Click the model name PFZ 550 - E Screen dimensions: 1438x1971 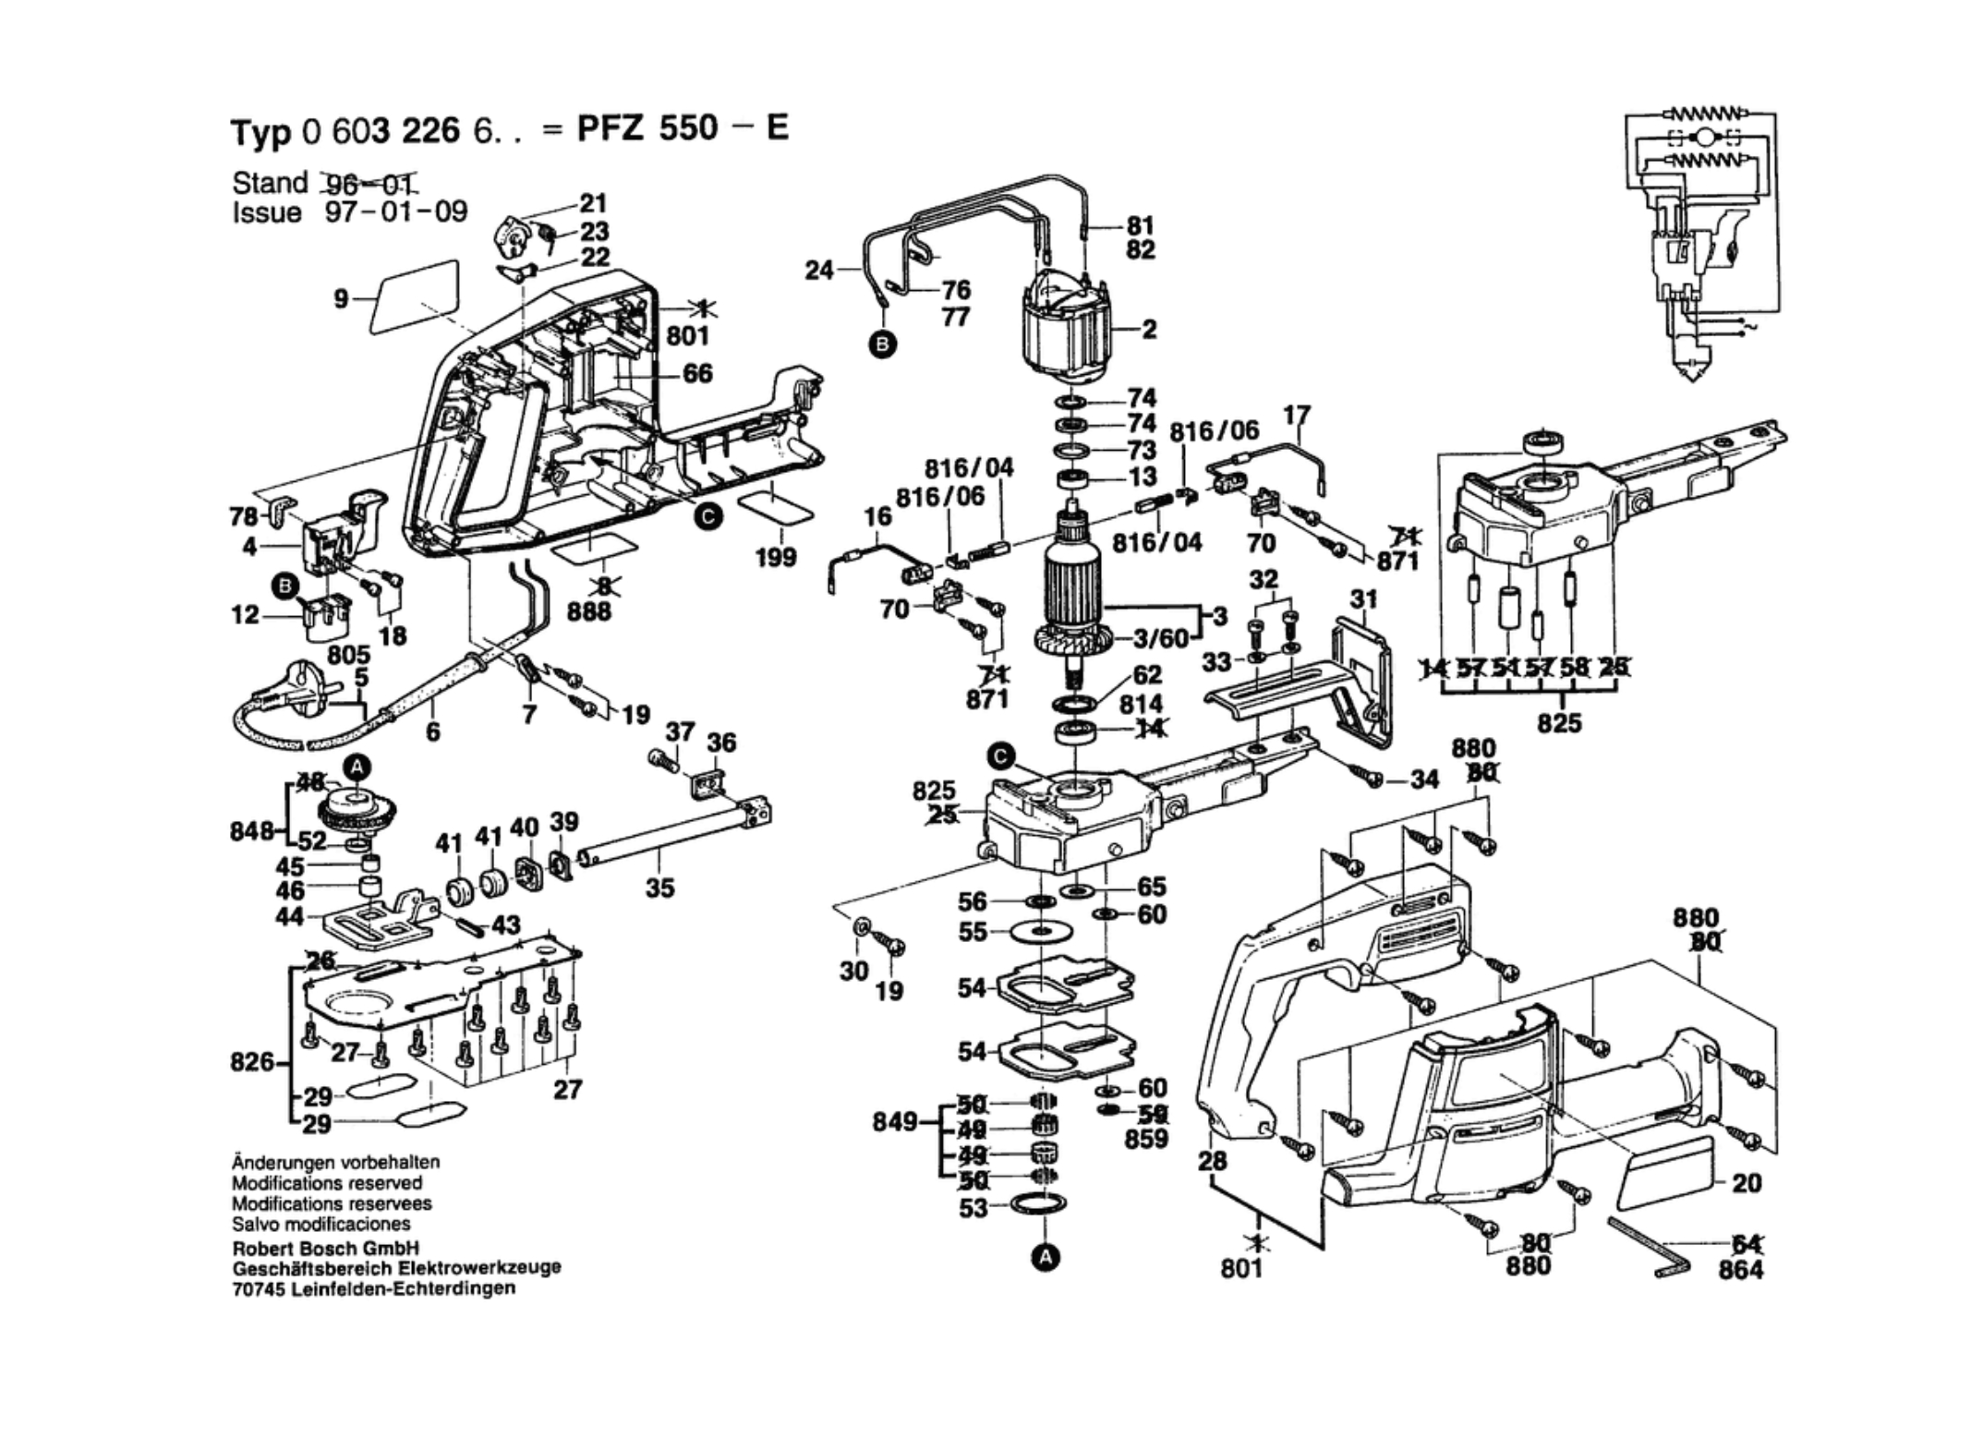[683, 128]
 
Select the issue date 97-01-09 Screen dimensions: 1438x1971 [396, 212]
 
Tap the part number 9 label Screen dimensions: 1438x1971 [341, 298]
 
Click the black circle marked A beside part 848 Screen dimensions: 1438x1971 [357, 767]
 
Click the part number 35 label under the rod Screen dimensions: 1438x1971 [659, 888]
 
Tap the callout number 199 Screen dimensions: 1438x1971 [775, 557]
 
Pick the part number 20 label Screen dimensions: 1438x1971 [1747, 1183]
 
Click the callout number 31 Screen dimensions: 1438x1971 [1363, 599]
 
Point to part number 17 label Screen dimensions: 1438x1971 [1297, 417]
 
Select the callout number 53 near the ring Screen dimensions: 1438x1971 [973, 1208]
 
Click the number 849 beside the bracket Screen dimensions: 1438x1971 [895, 1122]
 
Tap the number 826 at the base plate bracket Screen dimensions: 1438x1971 [252, 1062]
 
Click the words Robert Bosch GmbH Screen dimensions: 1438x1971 [325, 1249]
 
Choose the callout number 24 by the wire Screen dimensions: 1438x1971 [818, 271]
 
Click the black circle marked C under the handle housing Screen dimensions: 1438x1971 [708, 517]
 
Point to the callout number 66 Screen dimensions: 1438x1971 [697, 373]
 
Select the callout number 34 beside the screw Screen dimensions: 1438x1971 [1424, 779]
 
